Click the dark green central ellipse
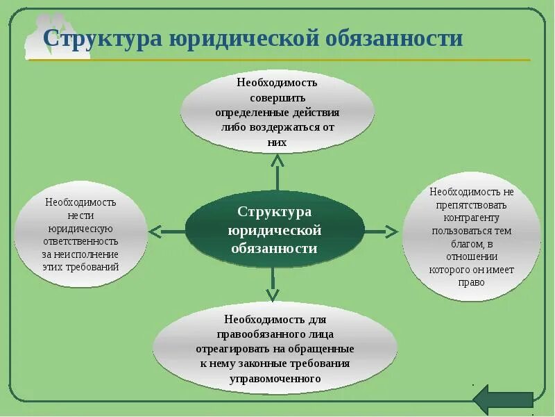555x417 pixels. (x=275, y=230)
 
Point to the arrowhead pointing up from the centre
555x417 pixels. (x=277, y=161)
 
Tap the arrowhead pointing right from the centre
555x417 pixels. (x=392, y=231)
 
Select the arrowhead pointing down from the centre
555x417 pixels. (x=273, y=295)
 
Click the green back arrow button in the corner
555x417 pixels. (x=503, y=400)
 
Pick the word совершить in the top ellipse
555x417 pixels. (x=277, y=97)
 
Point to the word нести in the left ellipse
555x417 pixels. (x=81, y=215)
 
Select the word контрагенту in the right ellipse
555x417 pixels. (x=471, y=218)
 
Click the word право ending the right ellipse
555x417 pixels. (x=472, y=282)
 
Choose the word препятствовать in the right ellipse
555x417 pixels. (x=472, y=205)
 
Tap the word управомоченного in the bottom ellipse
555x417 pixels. (x=275, y=379)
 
